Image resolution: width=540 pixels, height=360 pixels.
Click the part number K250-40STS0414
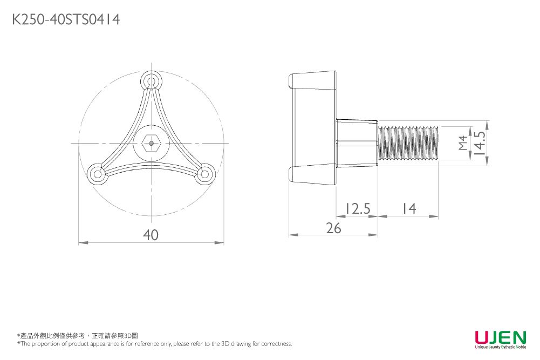tap(66, 20)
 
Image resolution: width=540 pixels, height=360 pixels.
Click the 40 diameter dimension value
tap(151, 235)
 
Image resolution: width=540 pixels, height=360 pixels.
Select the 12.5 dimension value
tap(357, 208)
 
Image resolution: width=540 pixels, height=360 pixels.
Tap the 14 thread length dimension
tap(409, 208)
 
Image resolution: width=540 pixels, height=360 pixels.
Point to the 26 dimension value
tap(334, 228)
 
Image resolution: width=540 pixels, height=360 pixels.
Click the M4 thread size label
tap(462, 143)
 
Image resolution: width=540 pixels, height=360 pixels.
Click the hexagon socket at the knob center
tap(152, 143)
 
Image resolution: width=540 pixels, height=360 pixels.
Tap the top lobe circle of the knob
tap(152, 81)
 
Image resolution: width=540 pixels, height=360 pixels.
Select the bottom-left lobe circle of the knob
tap(98, 174)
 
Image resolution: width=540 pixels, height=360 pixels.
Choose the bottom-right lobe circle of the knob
tap(204, 174)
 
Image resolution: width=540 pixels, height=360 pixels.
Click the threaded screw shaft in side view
tap(408, 143)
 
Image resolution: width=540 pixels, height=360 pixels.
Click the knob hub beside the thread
tap(356, 143)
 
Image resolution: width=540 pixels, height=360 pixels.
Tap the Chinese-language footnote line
tap(78, 336)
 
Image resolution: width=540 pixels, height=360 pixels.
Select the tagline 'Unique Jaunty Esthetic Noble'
tap(500, 348)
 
